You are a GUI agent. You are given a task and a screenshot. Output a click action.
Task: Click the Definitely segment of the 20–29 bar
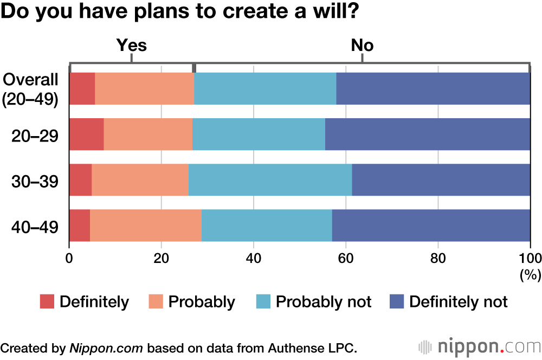click(86, 134)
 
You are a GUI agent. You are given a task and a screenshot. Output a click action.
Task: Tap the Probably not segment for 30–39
click(270, 180)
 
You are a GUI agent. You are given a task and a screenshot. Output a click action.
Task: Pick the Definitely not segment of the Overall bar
click(433, 88)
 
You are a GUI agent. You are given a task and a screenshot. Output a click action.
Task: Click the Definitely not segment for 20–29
click(428, 134)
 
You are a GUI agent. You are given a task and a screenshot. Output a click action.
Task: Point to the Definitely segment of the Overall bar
click(82, 88)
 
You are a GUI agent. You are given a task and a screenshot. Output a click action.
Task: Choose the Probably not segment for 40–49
click(267, 226)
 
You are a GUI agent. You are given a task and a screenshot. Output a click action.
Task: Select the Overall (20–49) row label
click(30, 89)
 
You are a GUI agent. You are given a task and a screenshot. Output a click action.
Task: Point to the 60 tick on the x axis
click(345, 257)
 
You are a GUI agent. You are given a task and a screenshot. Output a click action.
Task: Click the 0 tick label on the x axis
click(69, 257)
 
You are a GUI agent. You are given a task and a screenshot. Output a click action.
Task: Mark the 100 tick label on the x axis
click(530, 257)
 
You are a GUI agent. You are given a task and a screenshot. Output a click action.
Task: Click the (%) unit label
click(530, 275)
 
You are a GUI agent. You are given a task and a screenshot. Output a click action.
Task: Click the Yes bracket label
click(132, 45)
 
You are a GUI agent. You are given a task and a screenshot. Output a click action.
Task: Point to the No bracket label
click(362, 45)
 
